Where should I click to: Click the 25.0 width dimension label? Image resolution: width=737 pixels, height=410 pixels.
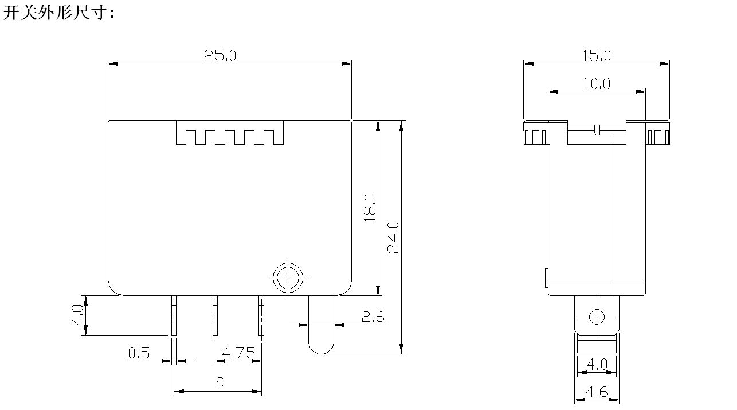pos(220,56)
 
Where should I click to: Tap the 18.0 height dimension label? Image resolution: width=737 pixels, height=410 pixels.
pos(370,208)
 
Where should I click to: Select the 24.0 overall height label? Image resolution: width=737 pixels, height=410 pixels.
pos(393,236)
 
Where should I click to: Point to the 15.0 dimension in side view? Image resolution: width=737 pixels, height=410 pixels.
pos(596,56)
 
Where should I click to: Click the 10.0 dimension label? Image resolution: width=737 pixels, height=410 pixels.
pos(596,84)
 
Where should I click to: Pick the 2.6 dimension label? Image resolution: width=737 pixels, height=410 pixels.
pos(373,317)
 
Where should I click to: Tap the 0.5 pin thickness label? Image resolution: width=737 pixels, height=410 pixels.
pos(139,353)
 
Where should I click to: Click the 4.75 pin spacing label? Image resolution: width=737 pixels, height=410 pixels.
pos(238,353)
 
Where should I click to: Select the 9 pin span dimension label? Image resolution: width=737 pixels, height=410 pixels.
pos(221,383)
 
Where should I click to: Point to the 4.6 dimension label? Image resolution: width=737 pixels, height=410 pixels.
pos(597,392)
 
